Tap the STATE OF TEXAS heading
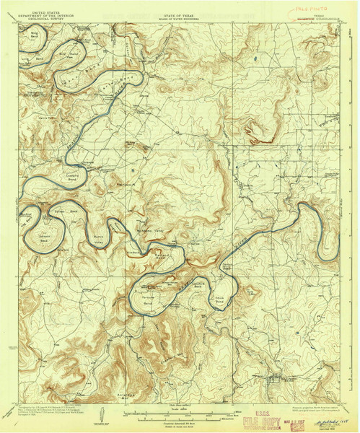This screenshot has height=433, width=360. [180, 6]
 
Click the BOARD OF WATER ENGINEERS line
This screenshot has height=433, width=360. [180, 10]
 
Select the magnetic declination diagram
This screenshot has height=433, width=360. [107, 415]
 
